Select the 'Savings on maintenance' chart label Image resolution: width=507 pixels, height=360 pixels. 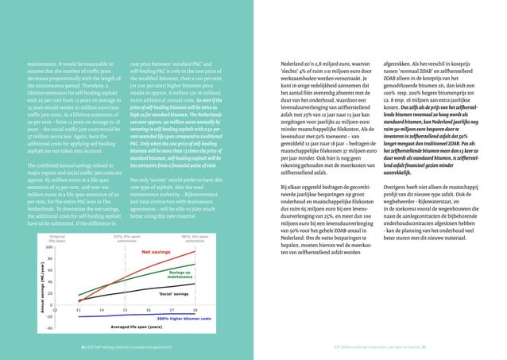point(180,274)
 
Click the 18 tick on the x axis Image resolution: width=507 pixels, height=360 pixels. point(195,310)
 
